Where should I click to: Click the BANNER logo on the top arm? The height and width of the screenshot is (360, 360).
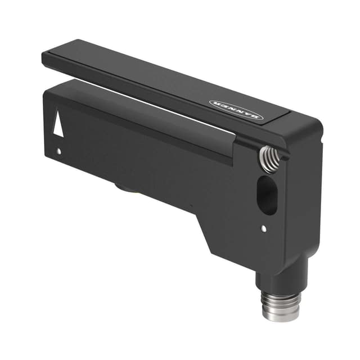[x=236, y=109]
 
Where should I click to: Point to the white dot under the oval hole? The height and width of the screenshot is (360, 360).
[x=264, y=228]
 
